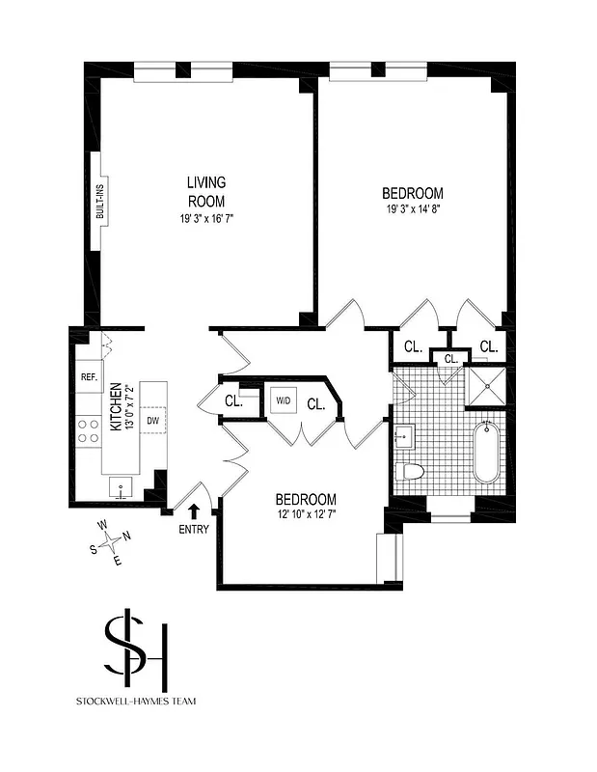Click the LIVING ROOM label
pyautogui.click(x=206, y=191)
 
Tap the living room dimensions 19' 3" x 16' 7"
pyautogui.click(x=206, y=219)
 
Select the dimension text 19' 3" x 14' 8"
pyautogui.click(x=412, y=208)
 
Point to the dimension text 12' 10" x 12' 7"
pyautogui.click(x=306, y=514)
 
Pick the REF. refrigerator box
pyautogui.click(x=87, y=377)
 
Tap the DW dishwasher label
pyautogui.click(x=152, y=421)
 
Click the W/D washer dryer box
pyautogui.click(x=284, y=400)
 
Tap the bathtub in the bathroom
pyautogui.click(x=487, y=454)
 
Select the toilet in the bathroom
pyautogui.click(x=410, y=472)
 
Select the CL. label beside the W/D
pyautogui.click(x=314, y=405)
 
